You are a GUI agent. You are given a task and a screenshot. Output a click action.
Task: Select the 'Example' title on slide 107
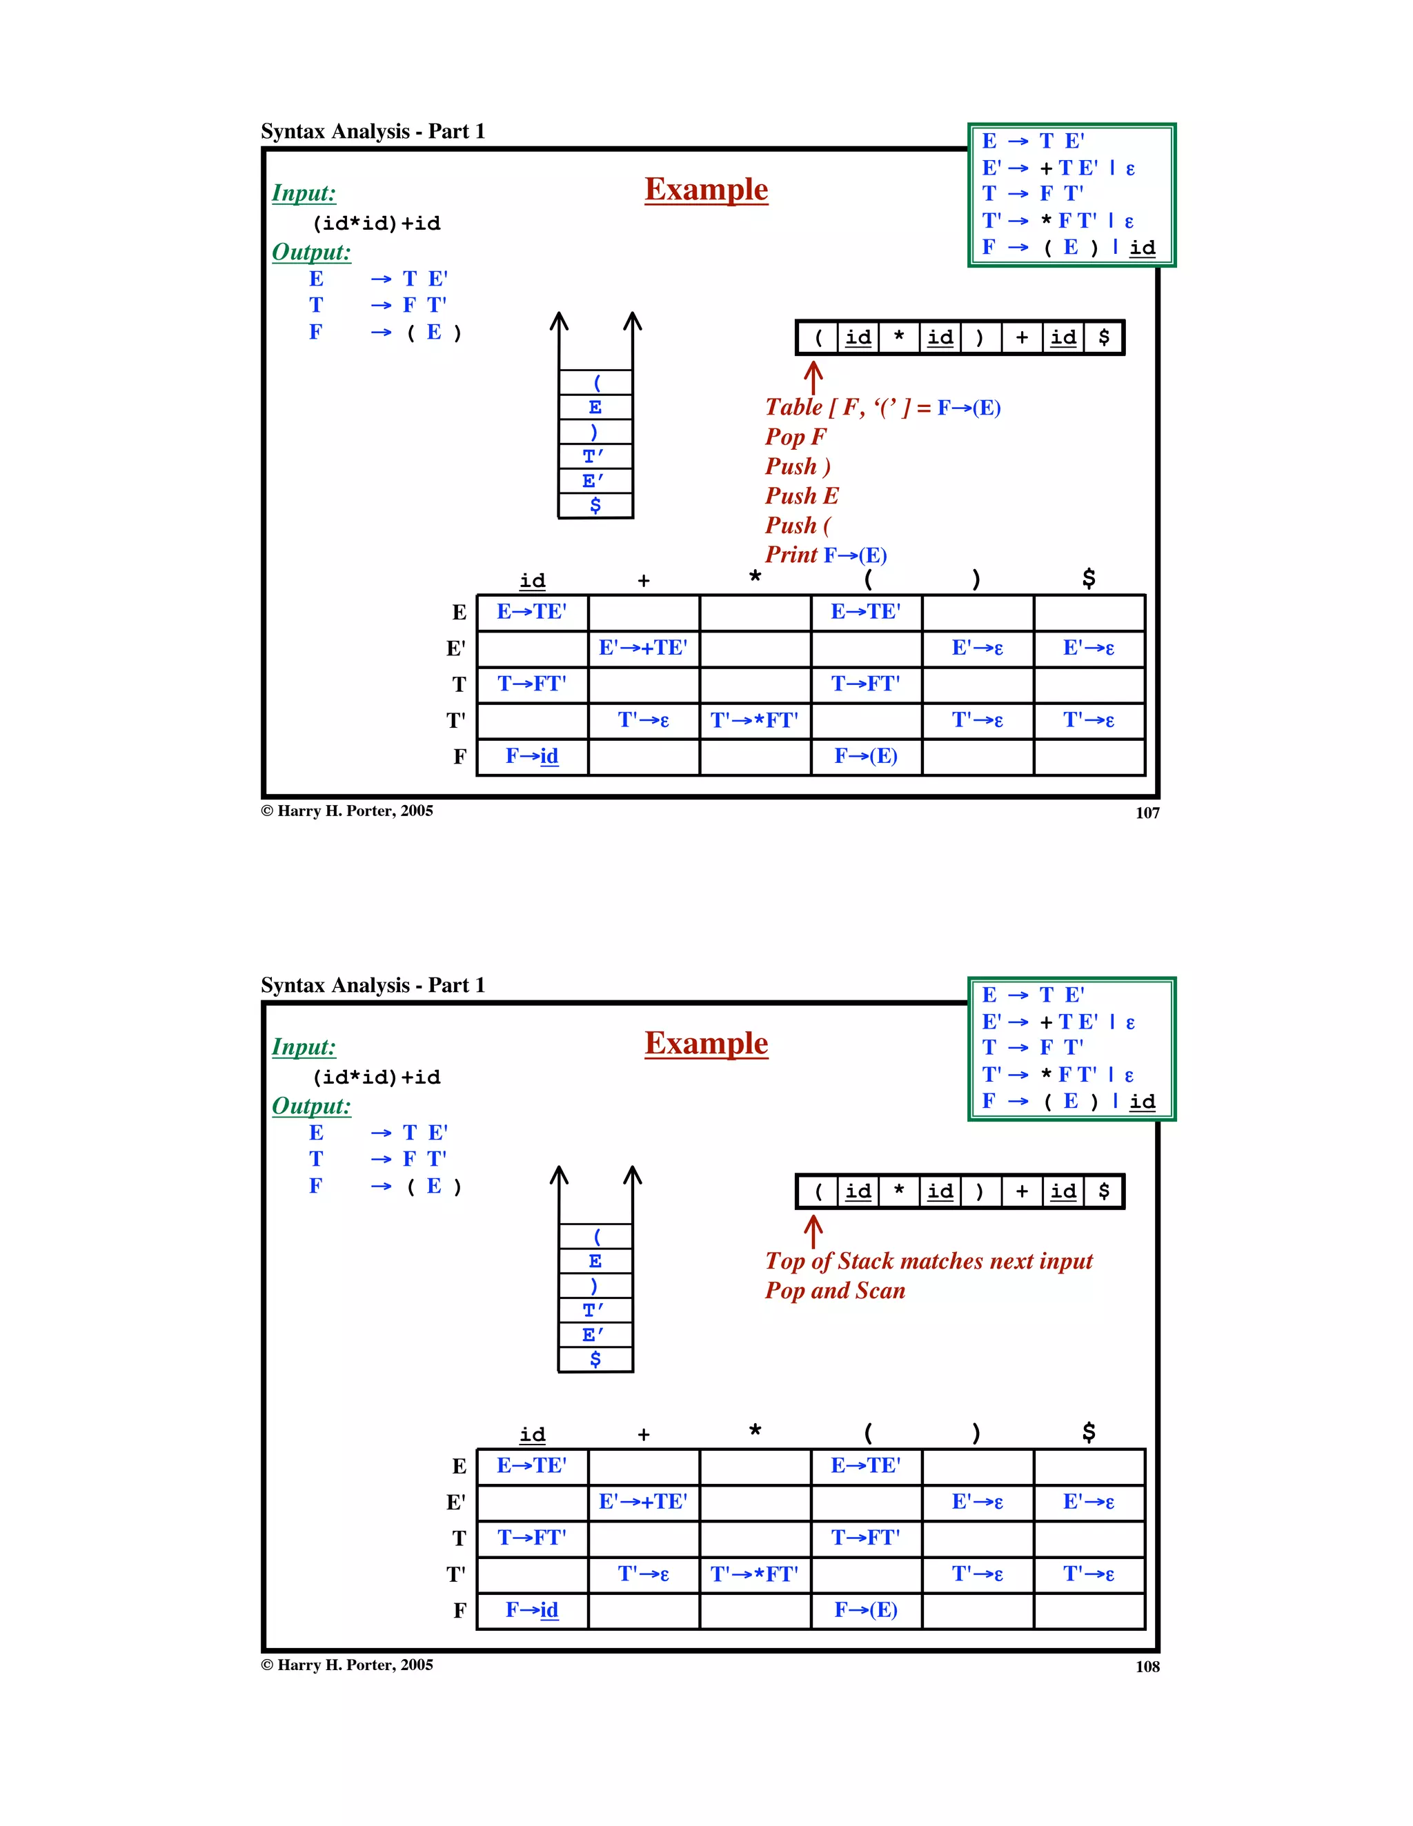(706, 190)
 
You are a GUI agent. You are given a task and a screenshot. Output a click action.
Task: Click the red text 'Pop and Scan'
(834, 1291)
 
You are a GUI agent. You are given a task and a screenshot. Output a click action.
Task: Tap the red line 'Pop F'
(795, 437)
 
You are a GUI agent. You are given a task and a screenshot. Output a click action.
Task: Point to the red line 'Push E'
(801, 496)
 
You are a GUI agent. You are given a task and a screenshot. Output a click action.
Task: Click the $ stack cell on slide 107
(595, 505)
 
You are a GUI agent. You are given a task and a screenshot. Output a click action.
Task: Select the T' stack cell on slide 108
(595, 1310)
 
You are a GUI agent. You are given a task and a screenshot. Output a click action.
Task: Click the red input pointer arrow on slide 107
(813, 375)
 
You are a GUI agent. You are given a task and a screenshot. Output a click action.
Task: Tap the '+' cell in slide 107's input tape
(1022, 338)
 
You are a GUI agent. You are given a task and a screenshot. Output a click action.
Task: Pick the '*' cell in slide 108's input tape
(899, 1191)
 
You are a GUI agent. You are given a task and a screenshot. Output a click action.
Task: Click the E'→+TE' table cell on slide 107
(643, 648)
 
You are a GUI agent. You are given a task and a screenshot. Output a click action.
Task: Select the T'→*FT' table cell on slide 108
(754, 1574)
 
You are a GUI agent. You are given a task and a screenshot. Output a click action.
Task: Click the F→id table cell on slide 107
(532, 757)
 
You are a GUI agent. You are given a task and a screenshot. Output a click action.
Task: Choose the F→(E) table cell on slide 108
(865, 1610)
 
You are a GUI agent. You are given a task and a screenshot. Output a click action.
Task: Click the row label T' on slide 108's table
(455, 1574)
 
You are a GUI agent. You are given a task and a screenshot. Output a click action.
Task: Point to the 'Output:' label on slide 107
(311, 252)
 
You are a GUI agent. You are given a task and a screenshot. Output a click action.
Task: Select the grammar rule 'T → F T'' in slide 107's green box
(1033, 194)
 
